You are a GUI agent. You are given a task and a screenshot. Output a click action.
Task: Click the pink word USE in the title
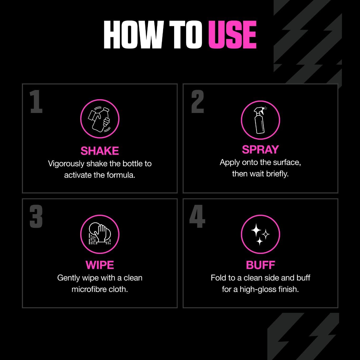(x=232, y=35)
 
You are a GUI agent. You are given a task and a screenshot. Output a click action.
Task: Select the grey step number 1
(x=36, y=102)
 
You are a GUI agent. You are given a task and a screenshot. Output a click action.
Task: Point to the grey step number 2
(x=198, y=102)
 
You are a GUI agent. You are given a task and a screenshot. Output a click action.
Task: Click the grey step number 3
(x=36, y=216)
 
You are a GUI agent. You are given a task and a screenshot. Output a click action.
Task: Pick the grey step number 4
(x=197, y=216)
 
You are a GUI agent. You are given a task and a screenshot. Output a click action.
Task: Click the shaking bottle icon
(x=100, y=119)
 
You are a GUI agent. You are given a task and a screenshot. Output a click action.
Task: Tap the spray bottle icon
(x=260, y=120)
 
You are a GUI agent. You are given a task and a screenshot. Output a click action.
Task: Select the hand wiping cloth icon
(x=100, y=234)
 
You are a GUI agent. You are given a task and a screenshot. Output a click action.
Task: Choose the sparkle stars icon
(x=260, y=234)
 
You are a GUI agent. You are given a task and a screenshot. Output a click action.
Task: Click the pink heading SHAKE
(x=100, y=151)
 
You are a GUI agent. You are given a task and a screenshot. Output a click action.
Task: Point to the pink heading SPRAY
(x=260, y=150)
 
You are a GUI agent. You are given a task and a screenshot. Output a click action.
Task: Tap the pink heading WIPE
(x=100, y=265)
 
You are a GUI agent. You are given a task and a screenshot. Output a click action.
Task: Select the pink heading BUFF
(x=260, y=265)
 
